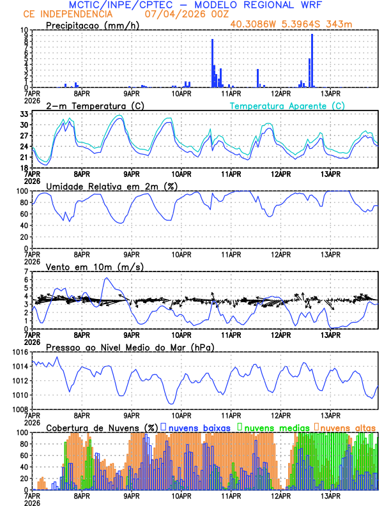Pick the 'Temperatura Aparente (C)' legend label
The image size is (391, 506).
(287, 105)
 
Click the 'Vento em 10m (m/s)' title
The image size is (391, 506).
(86, 266)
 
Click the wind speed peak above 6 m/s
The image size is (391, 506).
(106, 278)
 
